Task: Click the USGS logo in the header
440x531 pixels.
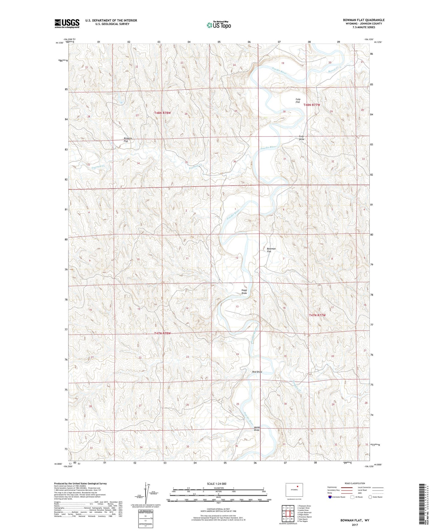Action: coord(67,23)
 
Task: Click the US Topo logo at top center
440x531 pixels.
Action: coord(219,25)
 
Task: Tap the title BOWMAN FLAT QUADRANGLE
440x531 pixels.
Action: coord(364,20)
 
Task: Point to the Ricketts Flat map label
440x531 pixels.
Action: coord(128,140)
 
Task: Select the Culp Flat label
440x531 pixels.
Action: coord(298,101)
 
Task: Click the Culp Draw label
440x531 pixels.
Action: coord(301,137)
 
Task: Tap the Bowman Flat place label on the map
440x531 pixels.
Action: coord(271,250)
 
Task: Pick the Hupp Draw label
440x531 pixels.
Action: coord(244,292)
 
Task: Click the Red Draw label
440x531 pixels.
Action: coord(257,372)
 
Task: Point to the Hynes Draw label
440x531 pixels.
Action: coord(257,429)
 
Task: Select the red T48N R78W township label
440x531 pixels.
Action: coord(162,113)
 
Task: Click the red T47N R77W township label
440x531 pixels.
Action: coord(317,315)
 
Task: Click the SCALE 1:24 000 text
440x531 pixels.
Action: coord(216,484)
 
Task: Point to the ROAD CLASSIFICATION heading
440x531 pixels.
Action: coord(355,483)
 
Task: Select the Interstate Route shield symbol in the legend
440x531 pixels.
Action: coord(330,497)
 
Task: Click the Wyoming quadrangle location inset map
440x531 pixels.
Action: coord(294,490)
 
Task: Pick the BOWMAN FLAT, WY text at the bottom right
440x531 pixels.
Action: coord(355,520)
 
